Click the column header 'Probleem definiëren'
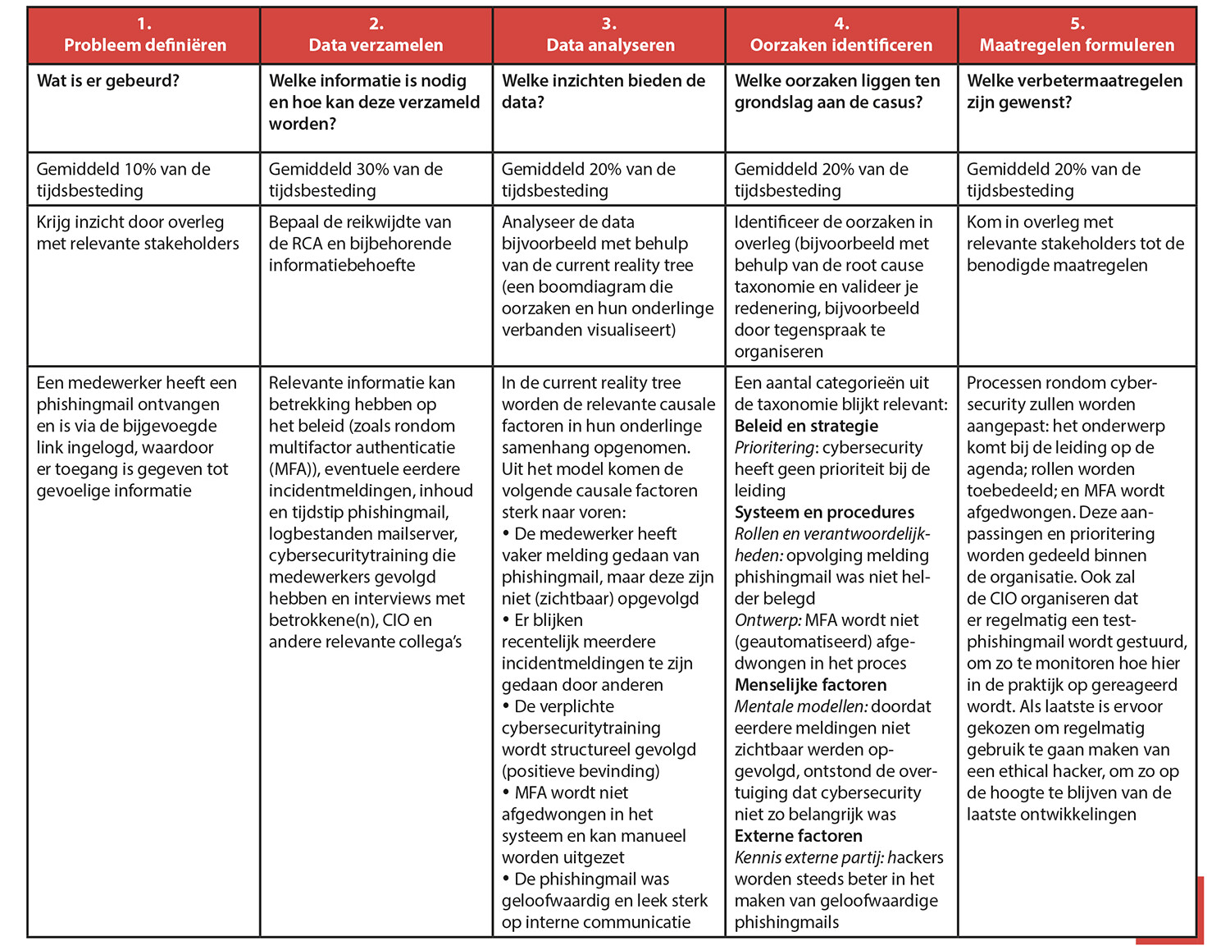tap(144, 45)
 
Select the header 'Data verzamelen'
tap(376, 45)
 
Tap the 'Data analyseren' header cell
tap(610, 45)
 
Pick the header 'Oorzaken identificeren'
tap(841, 45)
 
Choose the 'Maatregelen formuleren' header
tap(1077, 45)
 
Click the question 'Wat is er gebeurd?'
tap(108, 81)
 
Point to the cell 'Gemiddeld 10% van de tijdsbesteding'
tap(123, 180)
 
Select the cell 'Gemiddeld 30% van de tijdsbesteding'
tap(356, 180)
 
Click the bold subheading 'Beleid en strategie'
tap(806, 426)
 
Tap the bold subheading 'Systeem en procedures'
tap(824, 513)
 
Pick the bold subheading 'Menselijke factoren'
tap(810, 685)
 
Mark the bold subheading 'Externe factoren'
tap(798, 836)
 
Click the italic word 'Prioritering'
tap(775, 448)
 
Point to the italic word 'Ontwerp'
tap(767, 620)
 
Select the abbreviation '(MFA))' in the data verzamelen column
tap(293, 469)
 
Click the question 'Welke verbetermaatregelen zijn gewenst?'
tap(1074, 91)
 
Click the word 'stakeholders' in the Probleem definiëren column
tap(188, 244)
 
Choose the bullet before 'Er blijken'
tap(506, 620)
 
